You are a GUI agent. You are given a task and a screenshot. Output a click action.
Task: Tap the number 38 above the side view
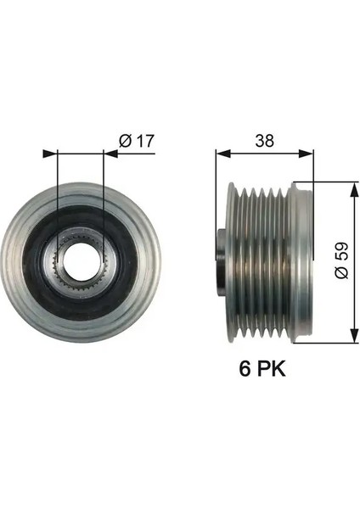point(264,141)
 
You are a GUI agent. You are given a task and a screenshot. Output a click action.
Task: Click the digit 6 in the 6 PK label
point(247,371)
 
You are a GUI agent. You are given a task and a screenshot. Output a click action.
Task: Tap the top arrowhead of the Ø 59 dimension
point(353,184)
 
